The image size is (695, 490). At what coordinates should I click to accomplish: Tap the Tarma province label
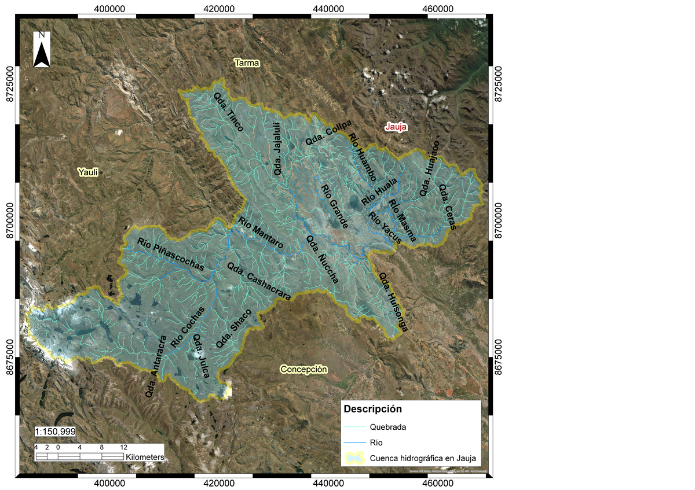247,62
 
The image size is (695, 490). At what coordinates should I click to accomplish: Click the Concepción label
303,369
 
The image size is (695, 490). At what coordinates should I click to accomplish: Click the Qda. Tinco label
228,113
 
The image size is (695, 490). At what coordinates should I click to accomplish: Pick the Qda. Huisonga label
393,303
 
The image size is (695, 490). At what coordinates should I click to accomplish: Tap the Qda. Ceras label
448,207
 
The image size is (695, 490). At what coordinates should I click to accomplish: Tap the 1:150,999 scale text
55,432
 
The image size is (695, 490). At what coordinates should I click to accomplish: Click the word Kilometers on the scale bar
145,456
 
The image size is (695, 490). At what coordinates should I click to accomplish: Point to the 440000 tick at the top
327,9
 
